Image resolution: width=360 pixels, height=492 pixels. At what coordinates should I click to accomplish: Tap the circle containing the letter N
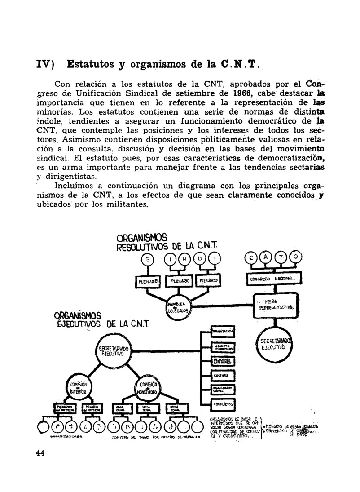click(x=184, y=259)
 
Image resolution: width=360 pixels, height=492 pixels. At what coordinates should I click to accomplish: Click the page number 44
click(x=40, y=452)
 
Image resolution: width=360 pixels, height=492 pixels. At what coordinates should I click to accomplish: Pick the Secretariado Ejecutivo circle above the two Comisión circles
click(x=114, y=351)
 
